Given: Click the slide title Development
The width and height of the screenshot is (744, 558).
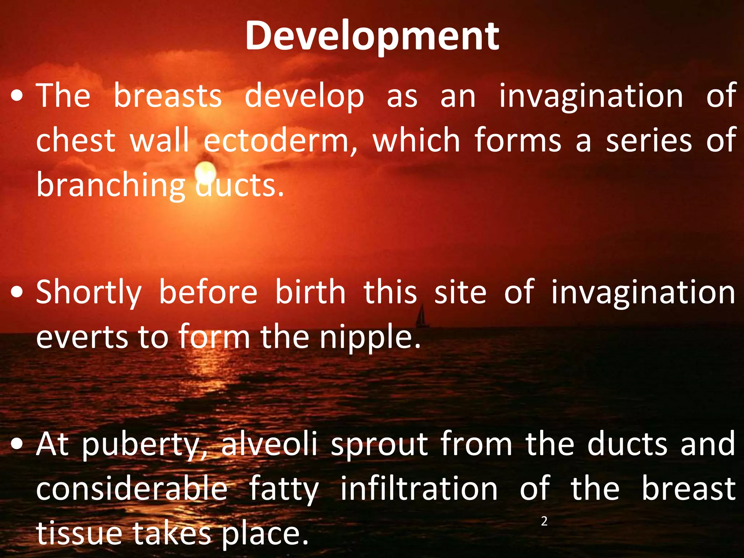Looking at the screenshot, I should click(x=372, y=36).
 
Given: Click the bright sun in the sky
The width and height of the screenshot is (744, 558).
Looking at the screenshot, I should click(x=206, y=171).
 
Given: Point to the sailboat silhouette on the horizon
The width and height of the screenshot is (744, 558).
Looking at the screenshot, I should click(x=422, y=316).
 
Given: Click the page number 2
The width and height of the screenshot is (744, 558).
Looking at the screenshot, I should click(x=544, y=521).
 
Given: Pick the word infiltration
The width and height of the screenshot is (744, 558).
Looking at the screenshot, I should click(x=419, y=489).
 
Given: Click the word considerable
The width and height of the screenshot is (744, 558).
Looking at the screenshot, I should click(x=132, y=489).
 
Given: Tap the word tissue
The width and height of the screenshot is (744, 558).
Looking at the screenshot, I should click(x=79, y=533).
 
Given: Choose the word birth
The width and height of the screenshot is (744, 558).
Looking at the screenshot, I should click(x=310, y=292).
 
